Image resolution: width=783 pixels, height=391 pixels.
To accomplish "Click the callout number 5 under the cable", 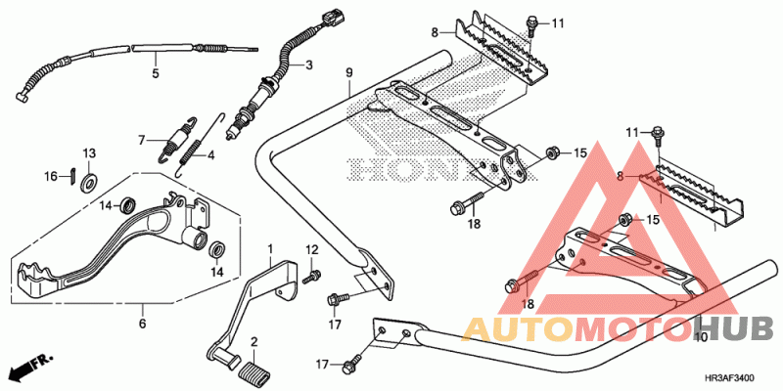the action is (x=156, y=74).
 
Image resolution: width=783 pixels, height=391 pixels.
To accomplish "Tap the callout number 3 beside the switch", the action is (x=309, y=65).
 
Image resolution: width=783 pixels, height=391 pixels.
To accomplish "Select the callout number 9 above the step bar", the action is (x=349, y=73).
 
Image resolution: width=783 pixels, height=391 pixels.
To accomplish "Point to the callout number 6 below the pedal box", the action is (x=142, y=325).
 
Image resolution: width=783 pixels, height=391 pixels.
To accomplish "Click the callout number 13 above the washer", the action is (x=89, y=152).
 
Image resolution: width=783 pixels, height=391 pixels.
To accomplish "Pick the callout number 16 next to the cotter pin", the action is (x=51, y=176).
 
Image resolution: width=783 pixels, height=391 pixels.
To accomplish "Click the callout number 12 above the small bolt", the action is (x=311, y=250).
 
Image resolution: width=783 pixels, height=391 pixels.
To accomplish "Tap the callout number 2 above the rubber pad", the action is (x=254, y=342).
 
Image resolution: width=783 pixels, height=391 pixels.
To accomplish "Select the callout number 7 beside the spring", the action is (x=142, y=141).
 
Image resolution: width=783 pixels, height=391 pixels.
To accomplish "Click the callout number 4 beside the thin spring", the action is (x=211, y=155).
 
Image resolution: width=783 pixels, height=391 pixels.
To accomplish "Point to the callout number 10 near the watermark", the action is (x=701, y=337).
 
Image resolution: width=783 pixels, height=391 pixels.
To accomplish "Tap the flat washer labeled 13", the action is (x=90, y=179).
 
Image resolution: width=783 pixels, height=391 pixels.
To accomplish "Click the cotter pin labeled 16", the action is (x=72, y=176).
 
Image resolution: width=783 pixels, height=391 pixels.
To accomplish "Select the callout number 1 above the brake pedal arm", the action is (x=270, y=248).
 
